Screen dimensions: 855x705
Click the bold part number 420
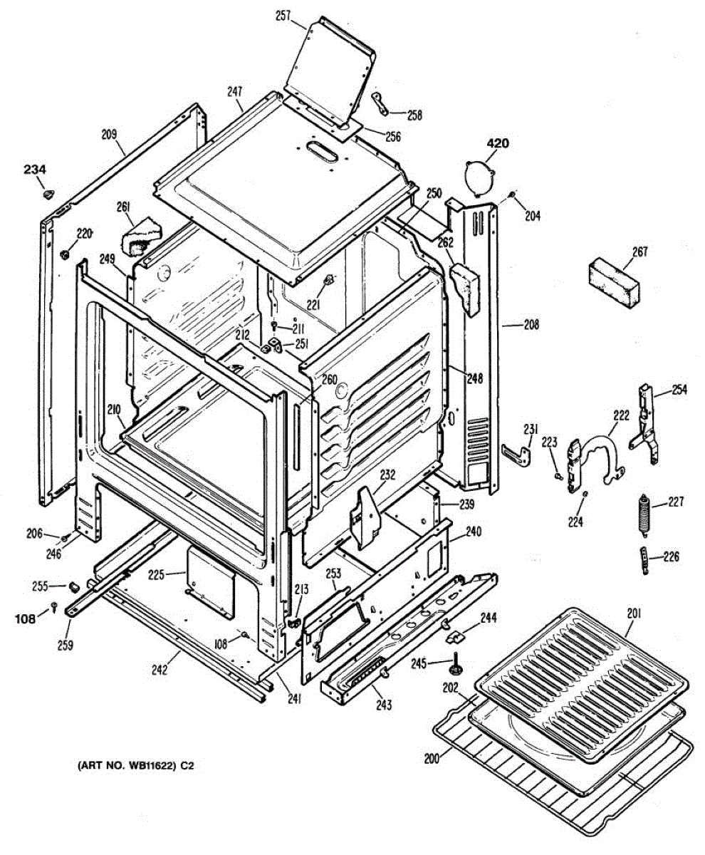(498, 144)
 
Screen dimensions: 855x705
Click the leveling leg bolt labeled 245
(454, 666)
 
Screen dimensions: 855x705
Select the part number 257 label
(283, 16)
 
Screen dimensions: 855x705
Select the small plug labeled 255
(73, 586)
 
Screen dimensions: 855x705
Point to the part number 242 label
(160, 668)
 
